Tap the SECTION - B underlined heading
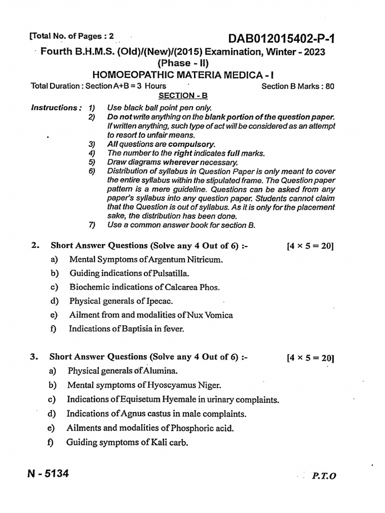click(181, 95)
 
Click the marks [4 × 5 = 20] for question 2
click(310, 246)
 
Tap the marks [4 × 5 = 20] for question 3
click(310, 358)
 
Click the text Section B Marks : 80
click(298, 86)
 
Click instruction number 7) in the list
click(91, 225)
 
